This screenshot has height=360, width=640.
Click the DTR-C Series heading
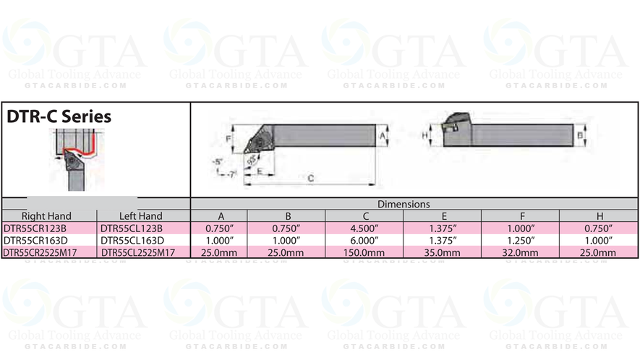59,116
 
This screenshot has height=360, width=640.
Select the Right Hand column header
47,216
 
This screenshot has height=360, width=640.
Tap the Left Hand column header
140,216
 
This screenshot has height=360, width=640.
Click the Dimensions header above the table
403,205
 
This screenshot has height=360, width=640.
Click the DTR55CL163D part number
134,240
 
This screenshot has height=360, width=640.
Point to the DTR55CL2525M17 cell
140,252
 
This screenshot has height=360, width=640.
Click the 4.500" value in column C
364,228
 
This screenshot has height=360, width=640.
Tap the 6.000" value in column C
364,240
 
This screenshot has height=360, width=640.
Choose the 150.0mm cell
364,252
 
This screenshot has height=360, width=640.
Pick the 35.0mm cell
442,252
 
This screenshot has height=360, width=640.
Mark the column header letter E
442,216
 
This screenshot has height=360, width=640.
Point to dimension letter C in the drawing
310,177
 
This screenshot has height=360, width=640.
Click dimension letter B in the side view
579,135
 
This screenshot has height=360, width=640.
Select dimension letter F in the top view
229,137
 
